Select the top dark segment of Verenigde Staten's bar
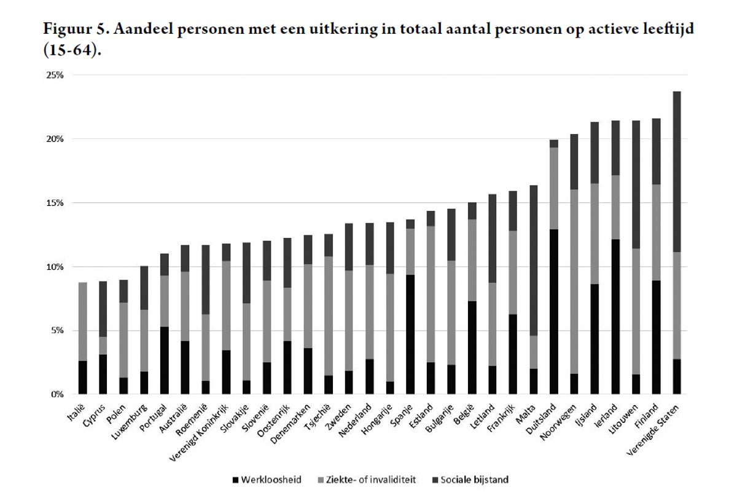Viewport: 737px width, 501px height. [677, 172]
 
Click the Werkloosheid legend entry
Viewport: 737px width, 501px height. [267, 479]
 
